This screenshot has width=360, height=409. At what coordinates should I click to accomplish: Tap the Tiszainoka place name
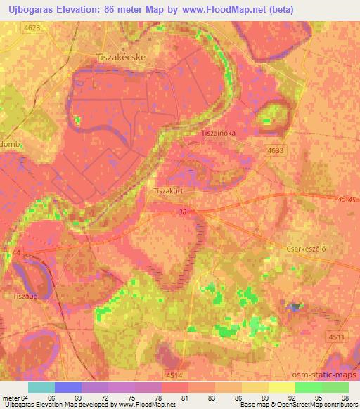tap(223, 133)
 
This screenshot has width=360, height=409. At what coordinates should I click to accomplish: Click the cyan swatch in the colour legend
tap(41, 387)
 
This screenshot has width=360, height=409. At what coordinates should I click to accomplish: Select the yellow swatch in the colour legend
tap(281, 387)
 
